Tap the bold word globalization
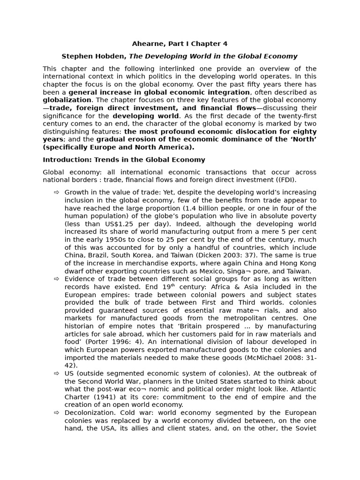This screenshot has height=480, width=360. pyautogui.click(x=67, y=100)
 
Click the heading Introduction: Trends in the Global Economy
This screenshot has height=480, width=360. pyautogui.click(x=124, y=160)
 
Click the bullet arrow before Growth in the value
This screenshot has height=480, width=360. pyautogui.click(x=57, y=192)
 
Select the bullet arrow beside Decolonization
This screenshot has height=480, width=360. pyautogui.click(x=57, y=412)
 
